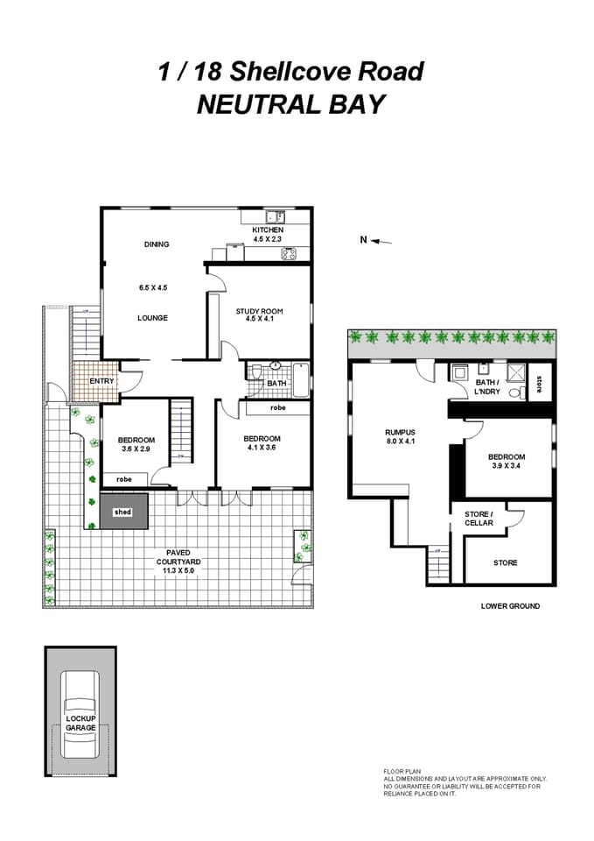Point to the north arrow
pyautogui.click(x=370, y=239)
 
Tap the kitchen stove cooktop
pyautogui.click(x=288, y=255)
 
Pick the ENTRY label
pyautogui.click(x=101, y=381)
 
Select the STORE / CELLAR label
pyautogui.click(x=479, y=519)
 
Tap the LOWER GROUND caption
pyautogui.click(x=511, y=606)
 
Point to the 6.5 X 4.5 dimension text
pyautogui.click(x=153, y=286)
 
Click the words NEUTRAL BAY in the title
pyautogui.click(x=290, y=104)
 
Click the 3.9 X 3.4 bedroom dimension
pyautogui.click(x=507, y=466)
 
